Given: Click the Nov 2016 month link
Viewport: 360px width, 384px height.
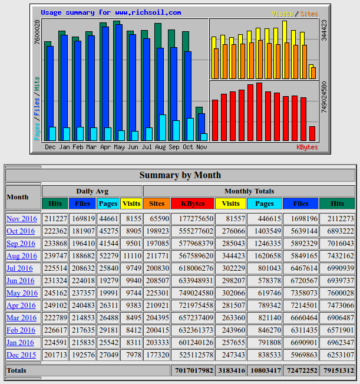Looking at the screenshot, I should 21,219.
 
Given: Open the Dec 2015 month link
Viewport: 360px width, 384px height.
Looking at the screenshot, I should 21,355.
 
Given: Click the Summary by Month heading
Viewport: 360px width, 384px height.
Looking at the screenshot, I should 180,175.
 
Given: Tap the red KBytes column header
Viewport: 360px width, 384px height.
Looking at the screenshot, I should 193,204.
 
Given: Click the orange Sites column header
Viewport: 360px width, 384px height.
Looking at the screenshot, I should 157,204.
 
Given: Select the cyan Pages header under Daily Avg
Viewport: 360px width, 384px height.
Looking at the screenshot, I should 108,204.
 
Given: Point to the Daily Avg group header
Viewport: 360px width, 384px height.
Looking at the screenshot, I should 92,191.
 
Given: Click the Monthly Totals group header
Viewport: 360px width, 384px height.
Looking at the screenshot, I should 249,191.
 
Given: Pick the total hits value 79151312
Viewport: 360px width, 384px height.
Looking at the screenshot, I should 338,370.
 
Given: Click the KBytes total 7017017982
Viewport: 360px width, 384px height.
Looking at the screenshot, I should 193,370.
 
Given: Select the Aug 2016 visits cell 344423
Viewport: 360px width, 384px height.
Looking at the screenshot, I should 231,256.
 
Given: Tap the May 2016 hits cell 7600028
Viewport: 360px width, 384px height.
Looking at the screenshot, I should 338,293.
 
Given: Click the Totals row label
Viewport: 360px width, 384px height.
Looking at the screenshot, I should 16,370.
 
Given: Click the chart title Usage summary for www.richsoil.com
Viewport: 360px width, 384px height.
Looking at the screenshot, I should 111,12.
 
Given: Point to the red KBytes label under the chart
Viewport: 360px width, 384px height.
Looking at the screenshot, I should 307,147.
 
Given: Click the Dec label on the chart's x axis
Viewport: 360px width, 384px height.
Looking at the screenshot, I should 51,147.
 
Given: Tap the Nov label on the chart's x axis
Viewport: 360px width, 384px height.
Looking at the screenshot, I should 202,147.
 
